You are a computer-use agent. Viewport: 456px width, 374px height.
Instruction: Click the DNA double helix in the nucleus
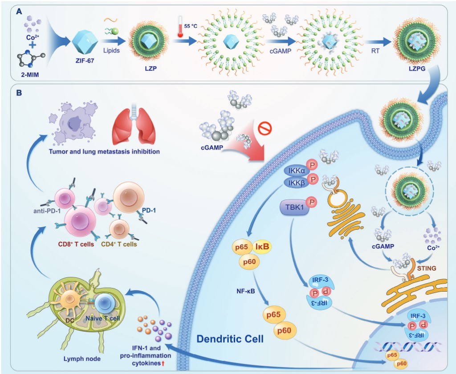click(407, 345)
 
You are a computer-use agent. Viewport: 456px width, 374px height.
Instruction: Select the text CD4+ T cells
click(119, 244)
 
